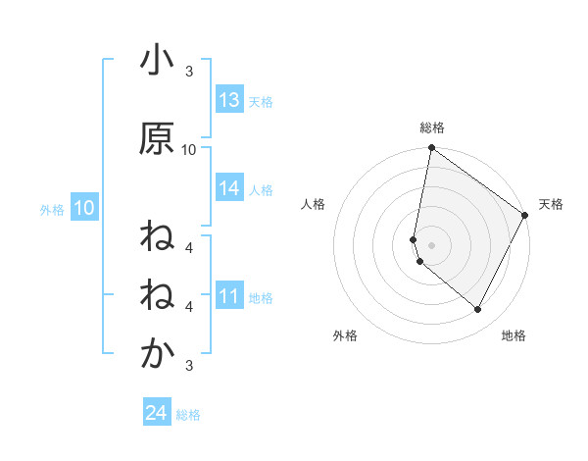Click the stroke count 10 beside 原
point(189,150)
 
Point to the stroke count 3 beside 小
point(189,72)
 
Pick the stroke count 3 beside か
point(189,366)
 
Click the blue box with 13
point(229,100)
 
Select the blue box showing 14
point(229,188)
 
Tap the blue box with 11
point(229,296)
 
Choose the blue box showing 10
point(83,208)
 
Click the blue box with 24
point(157,414)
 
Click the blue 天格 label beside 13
point(260,101)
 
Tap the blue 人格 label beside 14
point(260,189)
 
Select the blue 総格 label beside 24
point(188,415)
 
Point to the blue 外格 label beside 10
point(52,209)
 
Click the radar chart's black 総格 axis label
point(432,128)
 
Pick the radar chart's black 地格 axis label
point(514,335)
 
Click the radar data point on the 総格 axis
point(432,148)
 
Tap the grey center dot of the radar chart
point(432,244)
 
